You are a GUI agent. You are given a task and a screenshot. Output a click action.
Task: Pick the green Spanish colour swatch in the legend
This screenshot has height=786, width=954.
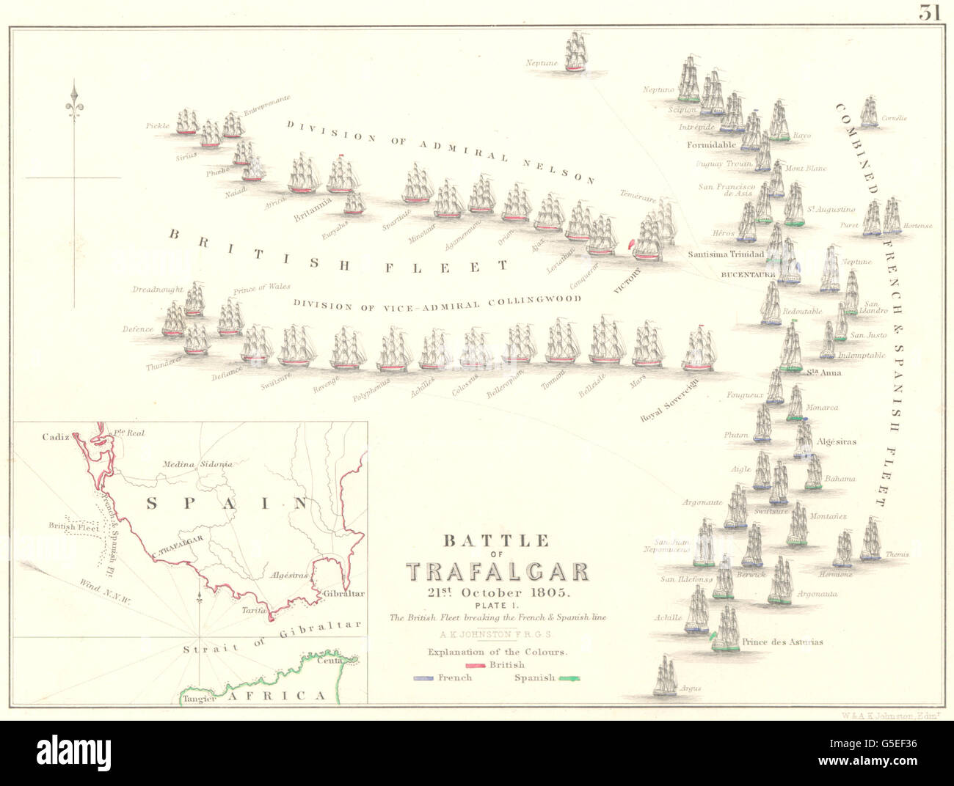(x=569, y=678)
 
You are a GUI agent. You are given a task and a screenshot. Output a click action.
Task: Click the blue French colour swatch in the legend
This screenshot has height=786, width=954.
(x=424, y=678)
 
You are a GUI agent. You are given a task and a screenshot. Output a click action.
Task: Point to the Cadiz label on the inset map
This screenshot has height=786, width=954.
(x=56, y=437)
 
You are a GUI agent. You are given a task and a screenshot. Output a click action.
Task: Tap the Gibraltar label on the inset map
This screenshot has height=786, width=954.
(x=341, y=593)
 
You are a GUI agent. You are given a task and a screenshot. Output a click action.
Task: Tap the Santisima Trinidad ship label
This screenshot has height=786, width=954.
(x=726, y=254)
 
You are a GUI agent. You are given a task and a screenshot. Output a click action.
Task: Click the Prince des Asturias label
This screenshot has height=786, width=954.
(x=782, y=642)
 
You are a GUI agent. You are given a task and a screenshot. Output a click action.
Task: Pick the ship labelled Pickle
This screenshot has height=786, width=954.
(x=188, y=122)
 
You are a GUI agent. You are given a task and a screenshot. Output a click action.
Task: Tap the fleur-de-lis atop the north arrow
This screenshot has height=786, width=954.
(x=73, y=103)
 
